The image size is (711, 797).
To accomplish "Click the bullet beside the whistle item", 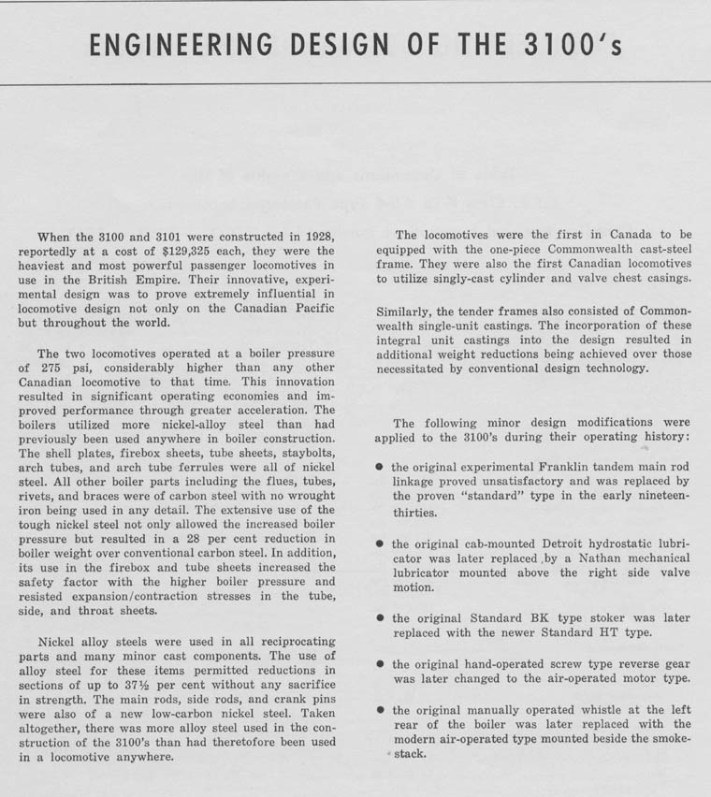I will tap(379, 710).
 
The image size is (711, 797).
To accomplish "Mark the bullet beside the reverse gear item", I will tap(379, 664).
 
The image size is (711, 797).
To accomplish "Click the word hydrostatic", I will tap(613, 543).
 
